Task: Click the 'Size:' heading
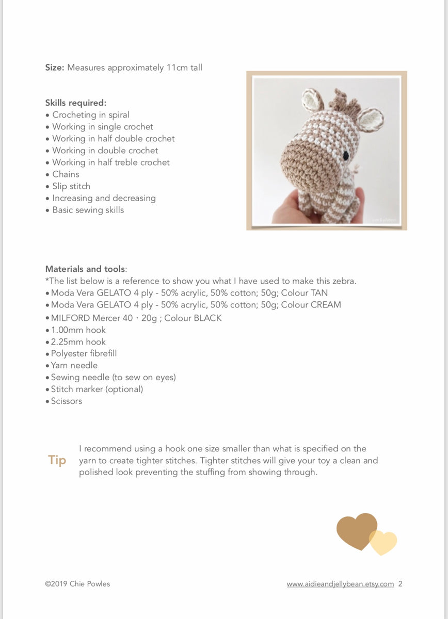pyautogui.click(x=55, y=68)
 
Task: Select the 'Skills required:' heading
pyautogui.click(x=76, y=103)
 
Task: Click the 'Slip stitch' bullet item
pyautogui.click(x=71, y=186)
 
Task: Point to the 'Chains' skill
pyautogui.click(x=66, y=174)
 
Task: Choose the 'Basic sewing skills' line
pyautogui.click(x=88, y=210)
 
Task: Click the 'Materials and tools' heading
pyautogui.click(x=85, y=269)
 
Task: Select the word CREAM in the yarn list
pyautogui.click(x=326, y=304)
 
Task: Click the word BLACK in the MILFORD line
pyautogui.click(x=207, y=318)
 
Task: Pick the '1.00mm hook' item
pyautogui.click(x=78, y=330)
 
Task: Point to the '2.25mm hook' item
pyautogui.click(x=78, y=341)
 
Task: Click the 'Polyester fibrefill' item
pyautogui.click(x=84, y=353)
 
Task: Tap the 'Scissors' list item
pyautogui.click(x=66, y=401)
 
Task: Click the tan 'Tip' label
pyautogui.click(x=57, y=460)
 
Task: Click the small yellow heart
pyautogui.click(x=384, y=542)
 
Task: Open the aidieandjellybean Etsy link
pyautogui.click(x=340, y=584)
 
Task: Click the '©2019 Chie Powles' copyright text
pyautogui.click(x=77, y=584)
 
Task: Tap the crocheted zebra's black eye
pyautogui.click(x=346, y=156)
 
